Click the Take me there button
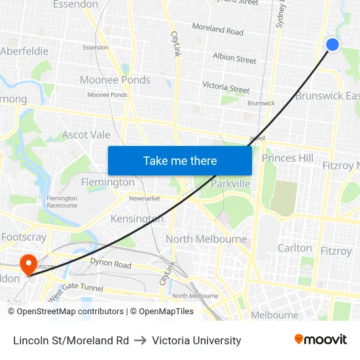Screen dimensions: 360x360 click(x=180, y=160)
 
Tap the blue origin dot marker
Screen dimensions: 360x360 click(x=333, y=45)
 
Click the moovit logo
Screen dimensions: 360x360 click(x=321, y=340)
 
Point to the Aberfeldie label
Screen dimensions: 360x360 click(x=24, y=51)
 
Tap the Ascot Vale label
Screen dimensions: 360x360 click(x=86, y=135)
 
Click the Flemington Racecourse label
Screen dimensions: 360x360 click(x=62, y=202)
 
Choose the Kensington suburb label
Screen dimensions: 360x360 click(x=137, y=219)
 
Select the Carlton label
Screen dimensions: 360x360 click(x=295, y=248)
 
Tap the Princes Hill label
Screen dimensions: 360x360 click(x=287, y=158)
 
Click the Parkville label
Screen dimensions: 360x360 click(x=230, y=184)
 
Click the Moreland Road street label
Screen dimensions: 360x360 click(x=217, y=29)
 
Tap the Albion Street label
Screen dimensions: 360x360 click(x=234, y=58)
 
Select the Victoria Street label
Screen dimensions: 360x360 click(x=226, y=86)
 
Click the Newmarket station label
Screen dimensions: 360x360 click(x=145, y=198)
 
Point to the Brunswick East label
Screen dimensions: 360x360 click(x=327, y=96)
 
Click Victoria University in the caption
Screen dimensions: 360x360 click(x=196, y=340)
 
